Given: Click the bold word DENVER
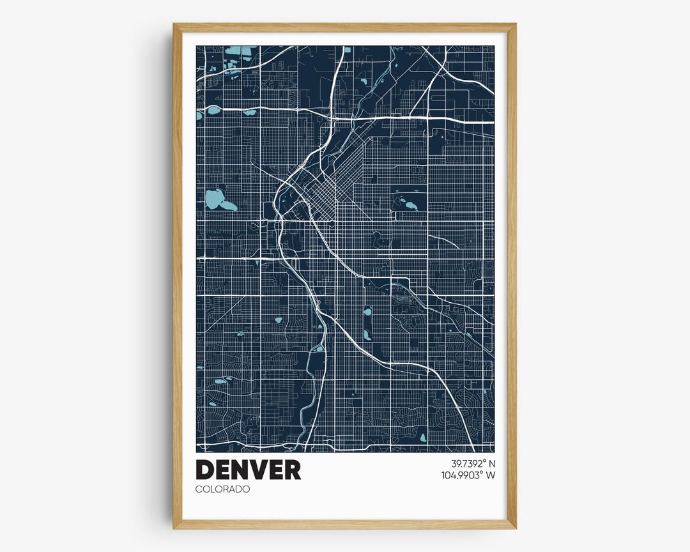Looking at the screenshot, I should point(248,470).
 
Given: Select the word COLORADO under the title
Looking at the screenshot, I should point(223,489).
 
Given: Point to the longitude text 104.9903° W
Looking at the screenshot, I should point(468,475).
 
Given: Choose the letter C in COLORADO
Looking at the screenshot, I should point(199,489).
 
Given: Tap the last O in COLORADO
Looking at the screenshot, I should point(247,489).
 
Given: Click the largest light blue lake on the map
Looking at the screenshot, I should point(215,199).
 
